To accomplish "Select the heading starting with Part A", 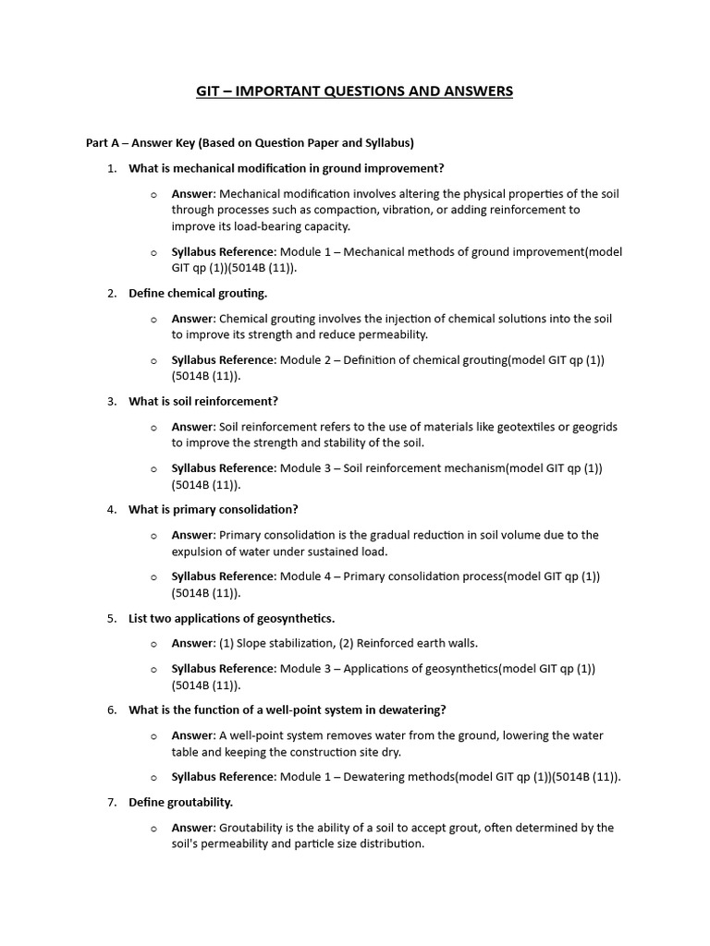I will pyautogui.click(x=250, y=143).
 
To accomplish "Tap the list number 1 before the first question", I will pyautogui.click(x=111, y=168).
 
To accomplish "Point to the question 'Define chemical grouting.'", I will pyautogui.click(x=198, y=293).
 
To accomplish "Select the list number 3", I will pyautogui.click(x=111, y=401).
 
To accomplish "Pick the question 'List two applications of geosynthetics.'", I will pyautogui.click(x=231, y=618).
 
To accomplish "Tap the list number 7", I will pyautogui.click(x=111, y=802).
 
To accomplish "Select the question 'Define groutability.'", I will pyautogui.click(x=180, y=802).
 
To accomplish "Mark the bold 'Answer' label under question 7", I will pyautogui.click(x=192, y=828).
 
